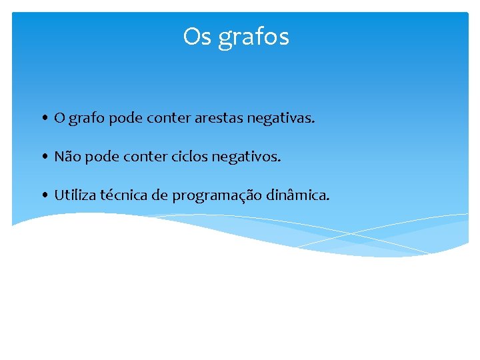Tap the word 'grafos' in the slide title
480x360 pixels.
(x=254, y=38)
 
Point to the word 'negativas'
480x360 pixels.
(x=280, y=119)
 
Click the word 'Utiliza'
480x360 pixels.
(x=75, y=195)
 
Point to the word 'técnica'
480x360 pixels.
(x=124, y=195)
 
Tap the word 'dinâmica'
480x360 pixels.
(x=297, y=195)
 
